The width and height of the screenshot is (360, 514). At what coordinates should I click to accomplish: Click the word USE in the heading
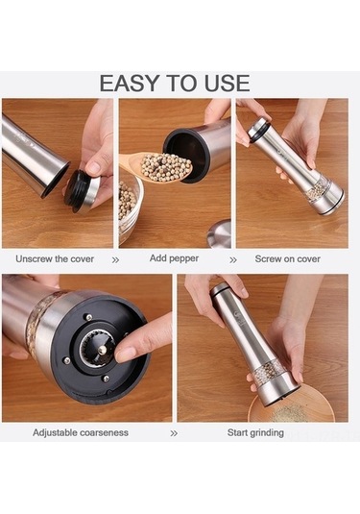(x=227, y=83)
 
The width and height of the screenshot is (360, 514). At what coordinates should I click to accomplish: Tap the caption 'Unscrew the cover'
(x=55, y=259)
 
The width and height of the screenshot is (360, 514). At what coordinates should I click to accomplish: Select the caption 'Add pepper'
(x=174, y=258)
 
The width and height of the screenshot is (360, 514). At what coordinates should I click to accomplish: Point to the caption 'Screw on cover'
(x=288, y=259)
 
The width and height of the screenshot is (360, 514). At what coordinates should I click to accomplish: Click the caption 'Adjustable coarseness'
(x=81, y=432)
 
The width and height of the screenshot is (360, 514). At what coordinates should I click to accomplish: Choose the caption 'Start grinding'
(x=255, y=432)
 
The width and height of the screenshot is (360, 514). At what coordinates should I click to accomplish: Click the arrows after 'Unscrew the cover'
(x=115, y=260)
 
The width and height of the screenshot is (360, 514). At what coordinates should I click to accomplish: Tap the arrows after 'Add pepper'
(x=233, y=260)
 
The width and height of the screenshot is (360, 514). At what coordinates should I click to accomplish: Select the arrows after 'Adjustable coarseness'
(x=174, y=433)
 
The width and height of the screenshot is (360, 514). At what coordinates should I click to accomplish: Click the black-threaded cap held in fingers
(x=82, y=191)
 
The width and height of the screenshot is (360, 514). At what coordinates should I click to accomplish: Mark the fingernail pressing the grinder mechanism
(x=125, y=355)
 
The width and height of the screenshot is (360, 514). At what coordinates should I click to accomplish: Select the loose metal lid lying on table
(x=220, y=234)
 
